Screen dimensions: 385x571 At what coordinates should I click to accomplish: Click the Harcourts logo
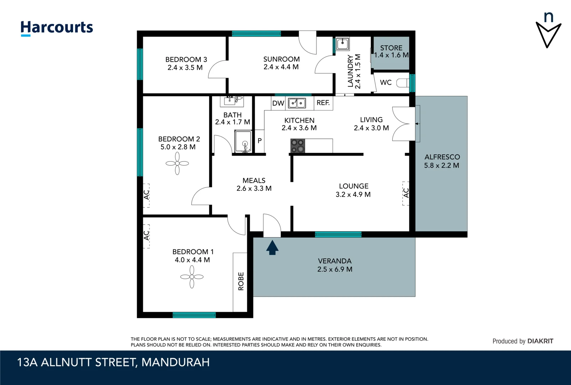[x=57, y=28]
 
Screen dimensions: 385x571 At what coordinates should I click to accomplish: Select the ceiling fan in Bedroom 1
[x=192, y=277]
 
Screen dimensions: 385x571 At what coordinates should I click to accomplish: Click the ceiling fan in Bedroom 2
[x=177, y=164]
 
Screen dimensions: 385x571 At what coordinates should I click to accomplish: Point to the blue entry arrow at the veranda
[x=272, y=247]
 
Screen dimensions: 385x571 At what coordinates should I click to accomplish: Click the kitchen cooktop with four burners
[x=298, y=146]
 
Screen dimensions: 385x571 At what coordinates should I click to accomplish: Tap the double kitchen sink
[x=297, y=103]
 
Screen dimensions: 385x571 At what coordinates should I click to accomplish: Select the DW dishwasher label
[x=278, y=103]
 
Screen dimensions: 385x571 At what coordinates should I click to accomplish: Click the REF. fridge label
[x=323, y=103]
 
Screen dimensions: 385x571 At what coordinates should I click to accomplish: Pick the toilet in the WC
[x=403, y=83]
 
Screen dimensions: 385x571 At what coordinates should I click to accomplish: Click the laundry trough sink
[x=342, y=44]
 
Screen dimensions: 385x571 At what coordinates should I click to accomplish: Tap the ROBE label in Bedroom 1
[x=241, y=281]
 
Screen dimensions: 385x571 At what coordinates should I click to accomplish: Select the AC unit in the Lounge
[x=406, y=193]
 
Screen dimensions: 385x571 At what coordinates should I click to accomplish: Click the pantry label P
[x=260, y=141]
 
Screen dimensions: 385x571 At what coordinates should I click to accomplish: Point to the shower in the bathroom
[x=244, y=142]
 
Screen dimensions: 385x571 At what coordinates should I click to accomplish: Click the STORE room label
[x=391, y=48]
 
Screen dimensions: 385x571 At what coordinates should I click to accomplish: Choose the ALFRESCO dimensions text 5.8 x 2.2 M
[x=441, y=165]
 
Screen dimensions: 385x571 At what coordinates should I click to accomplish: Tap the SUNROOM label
[x=281, y=59]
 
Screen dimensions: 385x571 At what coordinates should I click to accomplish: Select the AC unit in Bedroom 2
[x=146, y=195]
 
